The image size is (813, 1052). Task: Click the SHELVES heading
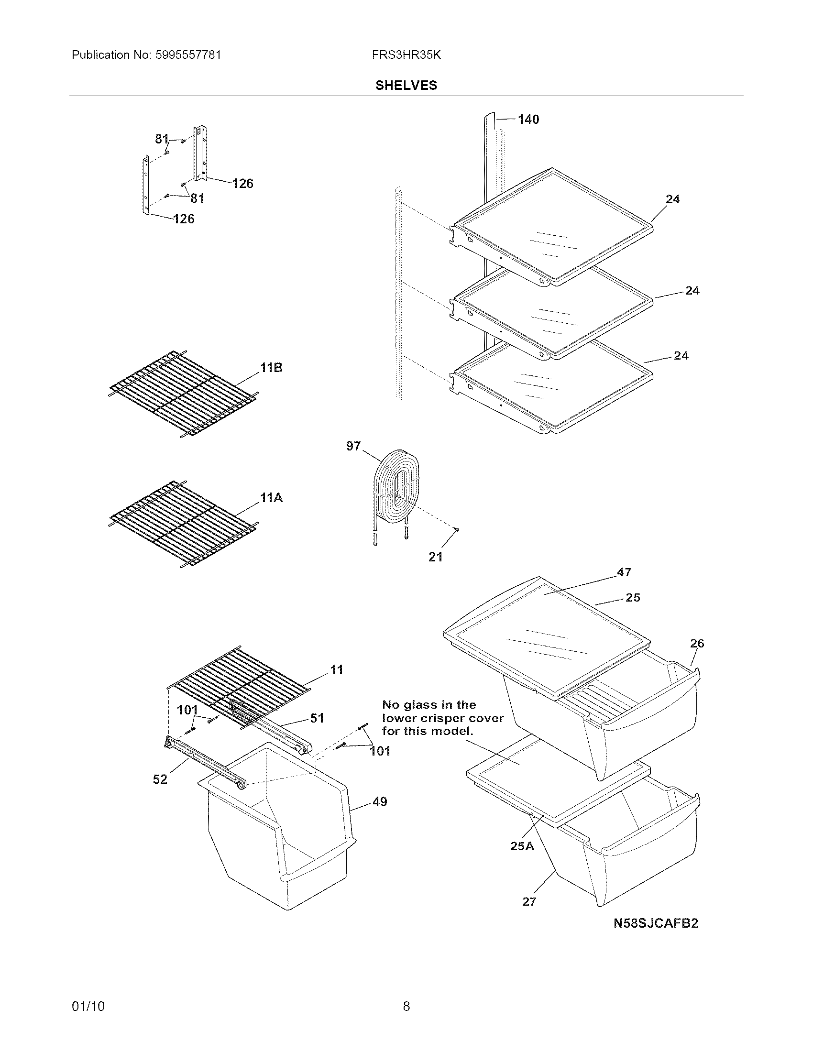406,85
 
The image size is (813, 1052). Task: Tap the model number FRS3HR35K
406,55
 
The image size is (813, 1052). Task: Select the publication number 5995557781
188,55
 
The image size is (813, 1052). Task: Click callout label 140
528,120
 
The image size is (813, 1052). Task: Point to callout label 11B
271,368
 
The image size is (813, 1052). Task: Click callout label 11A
271,498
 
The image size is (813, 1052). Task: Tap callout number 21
435,557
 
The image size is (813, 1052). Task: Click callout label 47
624,572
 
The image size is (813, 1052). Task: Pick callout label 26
697,643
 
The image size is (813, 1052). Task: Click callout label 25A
522,846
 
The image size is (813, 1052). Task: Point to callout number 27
529,902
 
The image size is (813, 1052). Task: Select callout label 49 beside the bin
380,802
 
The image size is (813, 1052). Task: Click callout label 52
160,779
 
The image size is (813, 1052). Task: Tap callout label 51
317,718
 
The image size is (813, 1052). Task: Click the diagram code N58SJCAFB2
656,923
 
